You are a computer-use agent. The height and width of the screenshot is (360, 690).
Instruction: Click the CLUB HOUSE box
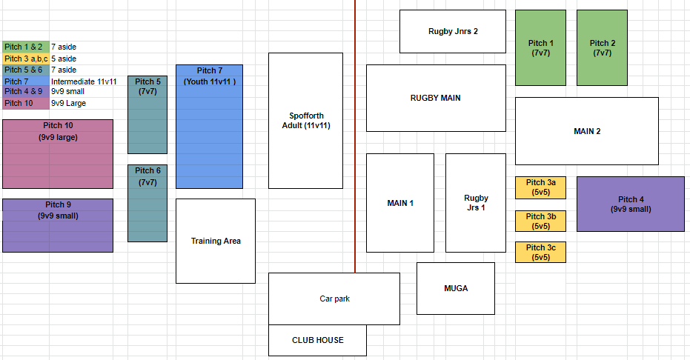pos(317,340)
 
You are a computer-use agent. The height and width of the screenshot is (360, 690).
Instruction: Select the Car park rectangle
pos(334,299)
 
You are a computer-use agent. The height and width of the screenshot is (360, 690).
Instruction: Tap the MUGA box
pos(456,288)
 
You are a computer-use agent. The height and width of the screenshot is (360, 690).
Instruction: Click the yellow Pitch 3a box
pos(540,187)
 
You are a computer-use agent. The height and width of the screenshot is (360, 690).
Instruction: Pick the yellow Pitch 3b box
pos(540,221)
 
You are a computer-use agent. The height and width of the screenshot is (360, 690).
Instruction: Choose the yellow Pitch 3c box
pos(540,253)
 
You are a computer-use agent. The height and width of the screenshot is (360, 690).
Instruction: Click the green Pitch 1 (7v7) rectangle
pos(540,48)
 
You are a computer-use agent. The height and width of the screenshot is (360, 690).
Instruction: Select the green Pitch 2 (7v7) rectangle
pos(602,48)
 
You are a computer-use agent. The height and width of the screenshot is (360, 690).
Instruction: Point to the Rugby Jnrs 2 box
pos(453,31)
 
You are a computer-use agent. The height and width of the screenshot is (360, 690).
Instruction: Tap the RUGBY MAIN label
pos(436,98)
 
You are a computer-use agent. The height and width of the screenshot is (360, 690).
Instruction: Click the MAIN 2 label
pos(587,131)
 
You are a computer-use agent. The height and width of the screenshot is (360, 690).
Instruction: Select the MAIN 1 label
pos(400,203)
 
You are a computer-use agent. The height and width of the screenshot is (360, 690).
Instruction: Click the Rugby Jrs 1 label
pos(476,203)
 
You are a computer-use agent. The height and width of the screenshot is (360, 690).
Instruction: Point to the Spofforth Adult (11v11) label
pos(306,121)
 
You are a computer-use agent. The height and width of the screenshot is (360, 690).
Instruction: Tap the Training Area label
pos(216,241)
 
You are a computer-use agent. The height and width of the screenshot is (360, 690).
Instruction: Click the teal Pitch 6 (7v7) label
pos(148,176)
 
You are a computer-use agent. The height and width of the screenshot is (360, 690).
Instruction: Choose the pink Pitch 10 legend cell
pos(25,103)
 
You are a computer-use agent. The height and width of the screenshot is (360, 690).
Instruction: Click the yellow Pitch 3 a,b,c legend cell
pos(25,59)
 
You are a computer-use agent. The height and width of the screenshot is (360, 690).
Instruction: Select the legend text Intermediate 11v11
pos(84,81)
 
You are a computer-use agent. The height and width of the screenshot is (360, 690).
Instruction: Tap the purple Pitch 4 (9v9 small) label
pos(631,204)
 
